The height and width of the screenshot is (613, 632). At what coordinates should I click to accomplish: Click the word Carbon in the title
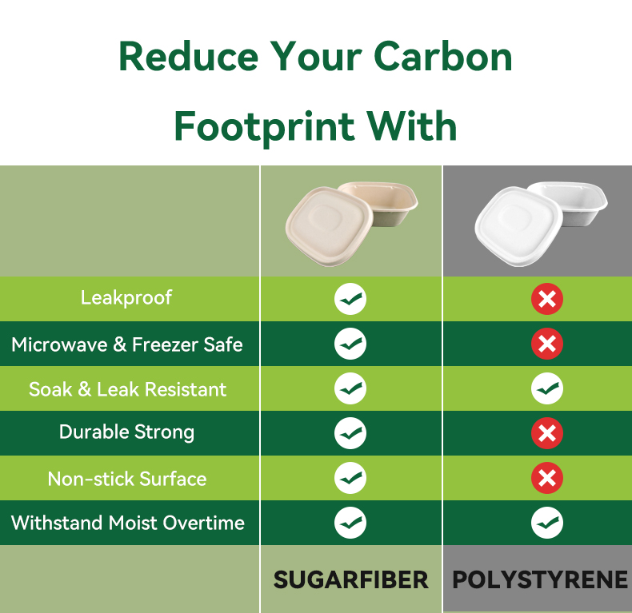pyautogui.click(x=443, y=57)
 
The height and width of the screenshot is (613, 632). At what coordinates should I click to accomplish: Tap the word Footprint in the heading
pyautogui.click(x=265, y=127)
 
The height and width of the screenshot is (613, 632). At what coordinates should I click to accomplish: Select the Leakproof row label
pyautogui.click(x=126, y=298)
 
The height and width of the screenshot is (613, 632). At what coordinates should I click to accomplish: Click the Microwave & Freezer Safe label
pyautogui.click(x=127, y=344)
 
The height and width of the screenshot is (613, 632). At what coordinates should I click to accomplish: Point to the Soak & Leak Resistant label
pyautogui.click(x=127, y=389)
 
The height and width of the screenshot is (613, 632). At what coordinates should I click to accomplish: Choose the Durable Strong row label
pyautogui.click(x=127, y=432)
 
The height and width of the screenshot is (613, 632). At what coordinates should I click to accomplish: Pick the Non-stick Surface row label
pyautogui.click(x=127, y=479)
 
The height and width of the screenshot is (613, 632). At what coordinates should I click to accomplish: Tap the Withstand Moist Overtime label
pyautogui.click(x=128, y=523)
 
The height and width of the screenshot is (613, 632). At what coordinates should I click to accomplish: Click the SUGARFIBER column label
pyautogui.click(x=350, y=579)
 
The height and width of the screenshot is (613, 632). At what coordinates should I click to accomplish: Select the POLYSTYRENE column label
pyautogui.click(x=540, y=579)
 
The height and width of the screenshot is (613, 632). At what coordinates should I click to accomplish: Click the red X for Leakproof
pyautogui.click(x=547, y=299)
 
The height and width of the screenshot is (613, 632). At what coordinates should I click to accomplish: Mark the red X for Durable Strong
pyautogui.click(x=547, y=433)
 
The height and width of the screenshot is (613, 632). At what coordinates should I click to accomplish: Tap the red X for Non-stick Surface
pyautogui.click(x=547, y=478)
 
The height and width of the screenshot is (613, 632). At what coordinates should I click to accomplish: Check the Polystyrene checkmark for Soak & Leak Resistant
pyautogui.click(x=547, y=388)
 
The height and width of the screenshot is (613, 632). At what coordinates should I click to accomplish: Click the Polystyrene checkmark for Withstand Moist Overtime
pyautogui.click(x=547, y=523)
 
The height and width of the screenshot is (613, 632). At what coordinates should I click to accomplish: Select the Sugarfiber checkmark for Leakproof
pyautogui.click(x=350, y=299)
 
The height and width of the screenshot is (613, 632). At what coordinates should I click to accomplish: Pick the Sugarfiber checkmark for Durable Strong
pyautogui.click(x=350, y=433)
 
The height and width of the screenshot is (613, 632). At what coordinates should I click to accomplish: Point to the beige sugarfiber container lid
pyautogui.click(x=329, y=226)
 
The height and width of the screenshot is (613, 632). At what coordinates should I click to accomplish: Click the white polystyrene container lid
pyautogui.click(x=518, y=226)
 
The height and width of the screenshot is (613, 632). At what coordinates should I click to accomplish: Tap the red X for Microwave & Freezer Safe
pyautogui.click(x=547, y=344)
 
